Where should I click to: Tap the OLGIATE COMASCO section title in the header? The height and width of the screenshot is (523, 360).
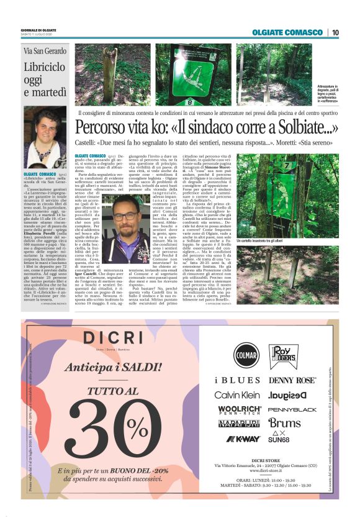click(x=287, y=32)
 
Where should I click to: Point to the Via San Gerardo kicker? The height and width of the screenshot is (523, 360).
click(x=45, y=50)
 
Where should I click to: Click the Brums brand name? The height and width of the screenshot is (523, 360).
click(x=284, y=424)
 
